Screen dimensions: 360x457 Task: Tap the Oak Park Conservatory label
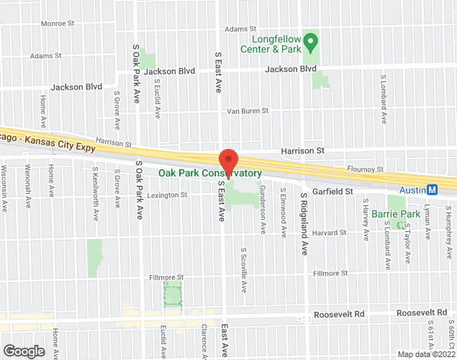tap(209, 174)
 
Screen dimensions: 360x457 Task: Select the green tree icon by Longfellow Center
tap(312, 40)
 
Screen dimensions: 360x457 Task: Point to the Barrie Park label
tap(400, 214)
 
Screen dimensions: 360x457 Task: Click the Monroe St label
tap(58, 24)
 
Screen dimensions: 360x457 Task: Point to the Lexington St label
tap(167, 195)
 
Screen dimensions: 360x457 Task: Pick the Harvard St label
tap(330, 233)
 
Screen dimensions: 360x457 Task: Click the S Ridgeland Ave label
tap(304, 224)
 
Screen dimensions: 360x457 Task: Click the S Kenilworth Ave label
tap(95, 189)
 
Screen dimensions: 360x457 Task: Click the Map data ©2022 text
tap(427, 354)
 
